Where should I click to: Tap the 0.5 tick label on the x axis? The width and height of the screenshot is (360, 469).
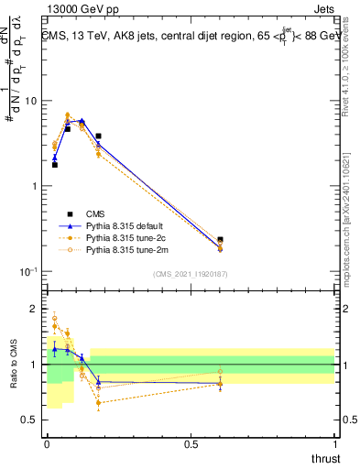pyautogui.click(x=191, y=443)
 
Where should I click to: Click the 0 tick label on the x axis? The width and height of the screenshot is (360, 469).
pyautogui.click(x=47, y=443)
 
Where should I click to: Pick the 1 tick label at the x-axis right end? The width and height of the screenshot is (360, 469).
pyautogui.click(x=333, y=443)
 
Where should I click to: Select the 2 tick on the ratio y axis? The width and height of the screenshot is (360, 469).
pyautogui.click(x=37, y=309)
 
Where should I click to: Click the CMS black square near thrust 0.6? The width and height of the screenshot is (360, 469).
pyautogui.click(x=220, y=240)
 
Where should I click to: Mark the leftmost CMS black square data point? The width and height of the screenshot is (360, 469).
pyautogui.click(x=55, y=165)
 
